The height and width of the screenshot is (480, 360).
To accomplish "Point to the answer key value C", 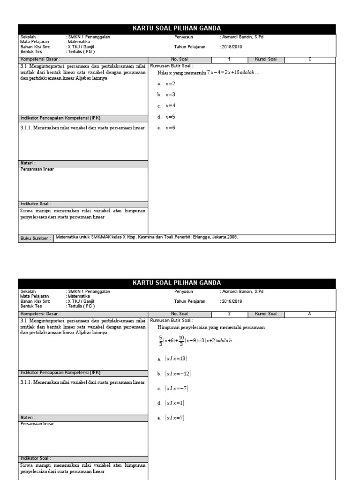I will (x=310, y=60).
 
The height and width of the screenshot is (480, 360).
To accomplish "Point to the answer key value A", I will (x=310, y=314).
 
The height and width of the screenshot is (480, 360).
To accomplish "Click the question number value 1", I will (x=229, y=60).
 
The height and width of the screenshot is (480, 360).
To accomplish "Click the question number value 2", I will (x=229, y=314).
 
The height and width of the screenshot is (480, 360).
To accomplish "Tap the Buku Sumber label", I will (x=35, y=238).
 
